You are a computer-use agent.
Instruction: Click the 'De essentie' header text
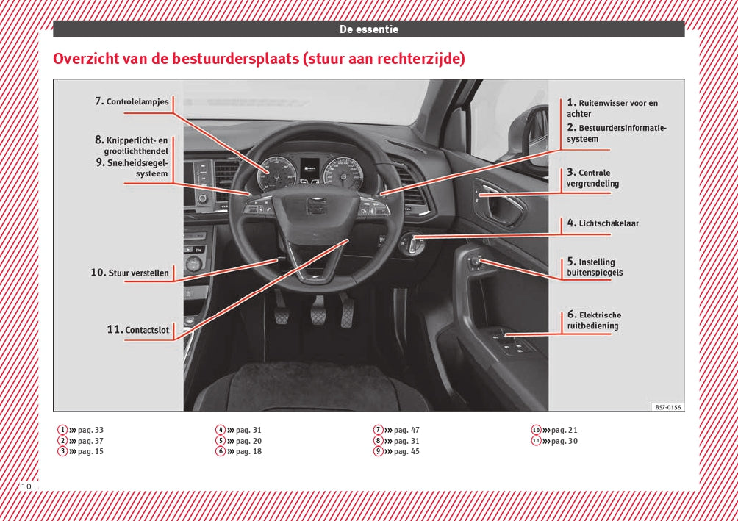(x=368, y=29)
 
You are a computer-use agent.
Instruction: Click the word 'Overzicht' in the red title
(x=85, y=59)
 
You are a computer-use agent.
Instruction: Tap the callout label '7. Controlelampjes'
(x=132, y=102)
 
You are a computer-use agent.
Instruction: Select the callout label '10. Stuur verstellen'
(x=130, y=273)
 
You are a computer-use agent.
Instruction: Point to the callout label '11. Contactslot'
(x=138, y=330)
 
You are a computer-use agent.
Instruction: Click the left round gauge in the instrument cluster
(x=278, y=174)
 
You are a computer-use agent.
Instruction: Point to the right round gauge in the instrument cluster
(x=344, y=174)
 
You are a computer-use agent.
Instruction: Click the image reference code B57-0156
(x=667, y=406)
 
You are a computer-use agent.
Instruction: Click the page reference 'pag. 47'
(x=406, y=430)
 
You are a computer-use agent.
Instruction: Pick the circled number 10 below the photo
(x=536, y=430)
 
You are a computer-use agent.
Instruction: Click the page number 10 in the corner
(x=26, y=486)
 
